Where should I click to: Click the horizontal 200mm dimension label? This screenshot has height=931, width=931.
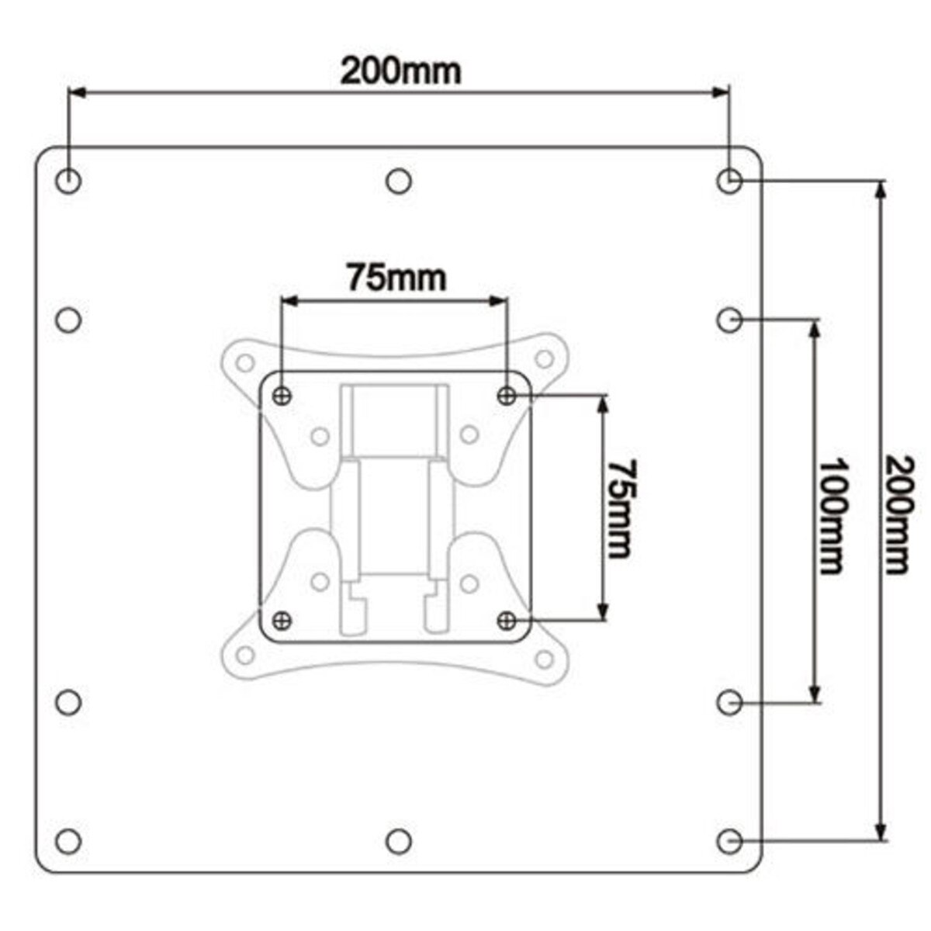(x=401, y=71)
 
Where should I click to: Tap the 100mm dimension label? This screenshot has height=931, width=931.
(x=832, y=516)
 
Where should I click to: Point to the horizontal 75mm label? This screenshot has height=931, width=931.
(x=396, y=277)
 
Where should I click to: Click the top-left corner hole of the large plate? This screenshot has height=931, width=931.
(x=69, y=182)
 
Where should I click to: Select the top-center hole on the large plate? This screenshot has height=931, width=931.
(x=399, y=182)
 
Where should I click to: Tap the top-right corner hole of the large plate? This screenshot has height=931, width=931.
(x=729, y=182)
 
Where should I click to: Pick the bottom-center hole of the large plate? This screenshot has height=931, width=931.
(x=399, y=840)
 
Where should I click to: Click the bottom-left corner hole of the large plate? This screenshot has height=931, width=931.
(x=69, y=840)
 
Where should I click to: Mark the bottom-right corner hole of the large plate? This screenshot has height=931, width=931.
(x=729, y=840)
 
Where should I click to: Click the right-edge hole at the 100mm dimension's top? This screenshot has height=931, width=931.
(x=729, y=319)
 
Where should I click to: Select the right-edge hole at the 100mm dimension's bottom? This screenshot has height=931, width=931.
(x=729, y=703)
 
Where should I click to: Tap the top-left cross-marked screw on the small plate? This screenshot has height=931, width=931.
(x=283, y=396)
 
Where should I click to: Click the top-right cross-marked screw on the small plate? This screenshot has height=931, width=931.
(x=507, y=396)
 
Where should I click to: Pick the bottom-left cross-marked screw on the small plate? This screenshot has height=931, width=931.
(x=283, y=620)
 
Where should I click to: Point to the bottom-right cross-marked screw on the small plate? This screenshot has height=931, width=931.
(x=507, y=620)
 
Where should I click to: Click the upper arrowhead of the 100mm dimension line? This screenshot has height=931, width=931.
(x=814, y=331)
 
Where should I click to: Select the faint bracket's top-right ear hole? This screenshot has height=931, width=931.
(x=545, y=358)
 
